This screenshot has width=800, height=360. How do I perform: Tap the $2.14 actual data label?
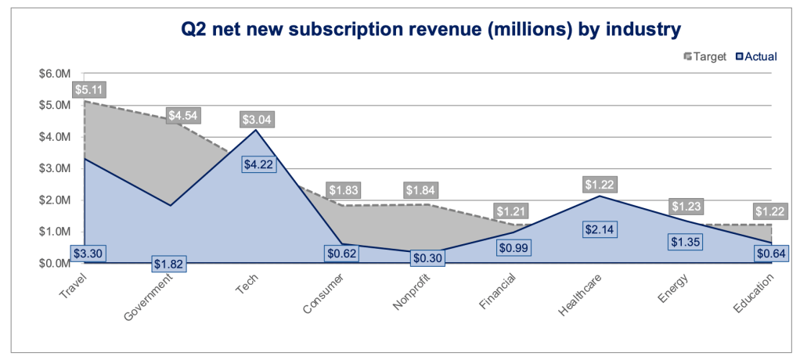click(x=600, y=229)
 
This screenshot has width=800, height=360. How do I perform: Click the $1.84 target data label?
click(x=420, y=190)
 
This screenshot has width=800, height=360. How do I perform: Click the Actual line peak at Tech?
click(x=256, y=130)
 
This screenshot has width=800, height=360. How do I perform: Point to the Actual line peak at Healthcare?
click(x=600, y=196)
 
